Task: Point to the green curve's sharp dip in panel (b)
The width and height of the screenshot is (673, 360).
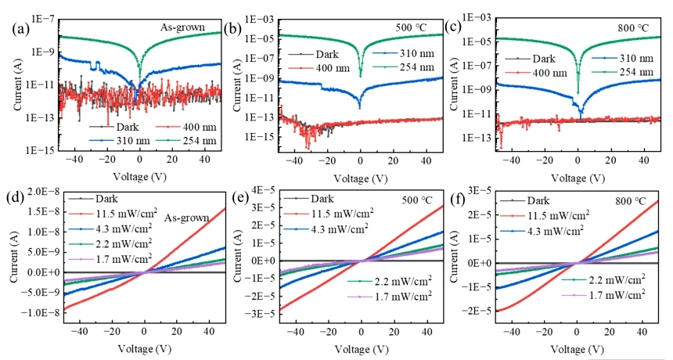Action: [x=361, y=74]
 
